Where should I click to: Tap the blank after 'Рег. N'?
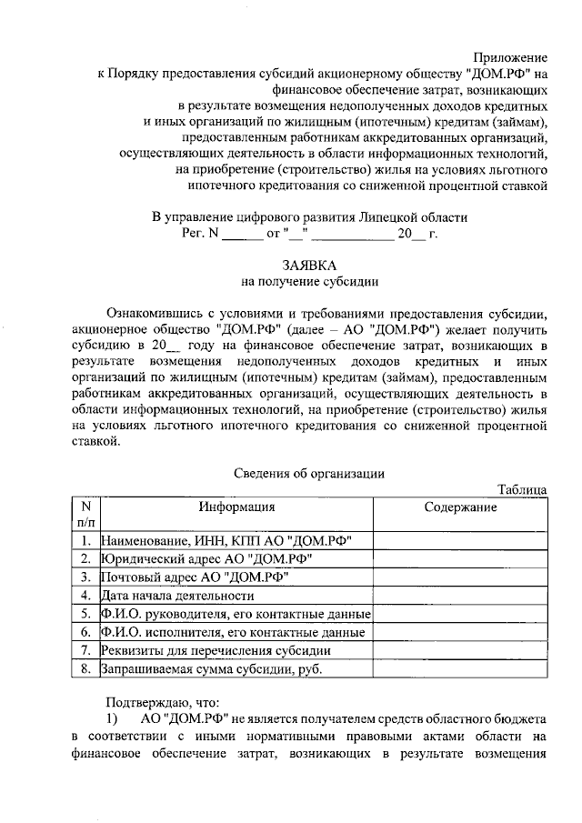(x=241, y=234)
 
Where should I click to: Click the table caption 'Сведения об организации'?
(x=309, y=473)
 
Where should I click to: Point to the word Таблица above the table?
(x=522, y=489)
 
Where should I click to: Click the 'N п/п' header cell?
(x=85, y=515)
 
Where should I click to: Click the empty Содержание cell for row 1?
(x=460, y=540)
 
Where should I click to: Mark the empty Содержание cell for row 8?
(x=460, y=669)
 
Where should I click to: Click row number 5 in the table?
(x=85, y=614)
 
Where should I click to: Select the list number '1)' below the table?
(x=112, y=718)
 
